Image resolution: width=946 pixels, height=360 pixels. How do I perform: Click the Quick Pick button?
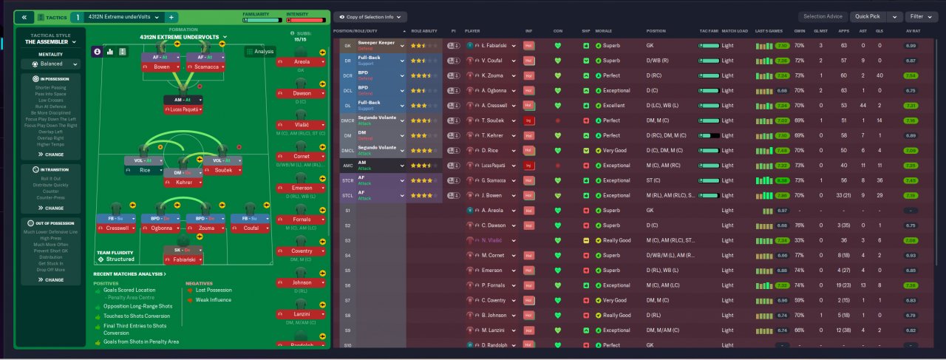pos(868,16)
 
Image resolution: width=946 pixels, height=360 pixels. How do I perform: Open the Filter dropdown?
pos(921,16)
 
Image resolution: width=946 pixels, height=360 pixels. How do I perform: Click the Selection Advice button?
pos(823,16)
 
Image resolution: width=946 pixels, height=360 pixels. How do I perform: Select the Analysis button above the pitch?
pos(260,52)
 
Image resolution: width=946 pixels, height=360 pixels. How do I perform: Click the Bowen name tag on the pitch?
pos(161,67)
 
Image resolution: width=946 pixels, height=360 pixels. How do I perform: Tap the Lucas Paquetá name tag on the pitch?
pos(183,110)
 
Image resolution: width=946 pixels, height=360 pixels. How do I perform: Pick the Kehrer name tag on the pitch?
pos(183,183)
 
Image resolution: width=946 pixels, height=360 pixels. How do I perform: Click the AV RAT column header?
pos(911,31)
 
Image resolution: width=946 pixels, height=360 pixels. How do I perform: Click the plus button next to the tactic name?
pos(171,17)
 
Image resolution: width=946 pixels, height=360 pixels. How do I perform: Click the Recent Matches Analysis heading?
pos(129,274)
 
